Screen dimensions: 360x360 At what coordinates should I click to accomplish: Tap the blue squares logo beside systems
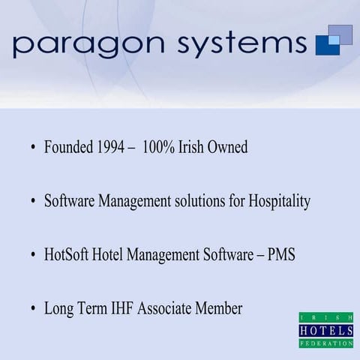click(x=334, y=39)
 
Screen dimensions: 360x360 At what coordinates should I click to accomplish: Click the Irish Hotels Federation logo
click(x=326, y=330)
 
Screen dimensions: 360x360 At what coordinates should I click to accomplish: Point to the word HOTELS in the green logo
click(x=326, y=331)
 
